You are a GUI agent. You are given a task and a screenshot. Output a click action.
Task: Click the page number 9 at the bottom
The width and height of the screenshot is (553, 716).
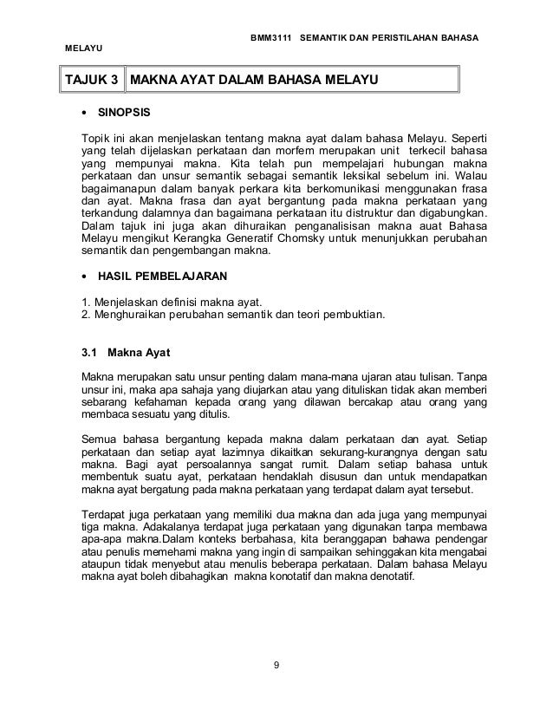pos(276,666)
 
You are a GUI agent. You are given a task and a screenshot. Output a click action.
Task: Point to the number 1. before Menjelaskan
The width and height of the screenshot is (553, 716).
pos(84,301)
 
